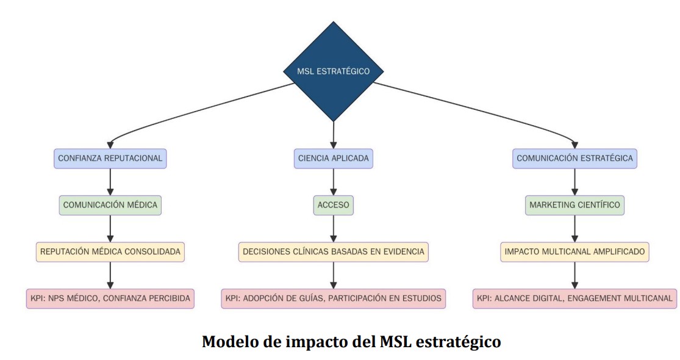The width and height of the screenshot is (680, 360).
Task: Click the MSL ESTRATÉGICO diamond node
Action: [x=333, y=71]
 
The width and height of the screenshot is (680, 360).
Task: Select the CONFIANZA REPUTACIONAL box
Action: [x=110, y=159]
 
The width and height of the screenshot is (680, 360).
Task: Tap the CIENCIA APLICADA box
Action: [x=333, y=159]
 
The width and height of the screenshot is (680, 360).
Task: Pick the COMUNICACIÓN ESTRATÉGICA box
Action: [x=574, y=159]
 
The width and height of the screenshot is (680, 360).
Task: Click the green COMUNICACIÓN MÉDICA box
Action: [x=110, y=205]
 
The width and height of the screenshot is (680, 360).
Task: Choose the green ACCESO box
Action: [x=333, y=205]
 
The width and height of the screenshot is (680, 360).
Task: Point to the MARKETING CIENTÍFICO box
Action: [x=574, y=205]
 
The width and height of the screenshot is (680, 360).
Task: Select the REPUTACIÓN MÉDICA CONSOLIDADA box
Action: [x=110, y=251]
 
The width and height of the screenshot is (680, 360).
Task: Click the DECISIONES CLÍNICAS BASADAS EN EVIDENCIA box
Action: [x=333, y=251]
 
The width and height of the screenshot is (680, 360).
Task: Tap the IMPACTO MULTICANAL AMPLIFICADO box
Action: [x=574, y=251]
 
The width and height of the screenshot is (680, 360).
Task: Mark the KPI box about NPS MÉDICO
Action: [x=110, y=298]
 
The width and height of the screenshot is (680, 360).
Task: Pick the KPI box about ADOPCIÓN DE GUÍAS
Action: [x=333, y=298]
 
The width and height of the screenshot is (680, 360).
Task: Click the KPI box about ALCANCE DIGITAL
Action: [x=574, y=298]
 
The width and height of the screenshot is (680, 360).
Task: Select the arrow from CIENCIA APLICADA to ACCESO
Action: [x=333, y=182]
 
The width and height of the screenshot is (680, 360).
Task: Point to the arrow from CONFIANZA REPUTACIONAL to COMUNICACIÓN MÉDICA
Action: [x=110, y=182]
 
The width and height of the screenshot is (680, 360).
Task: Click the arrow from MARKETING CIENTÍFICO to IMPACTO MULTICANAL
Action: [x=574, y=228]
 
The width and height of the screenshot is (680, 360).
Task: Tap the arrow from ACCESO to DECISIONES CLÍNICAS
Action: [x=333, y=228]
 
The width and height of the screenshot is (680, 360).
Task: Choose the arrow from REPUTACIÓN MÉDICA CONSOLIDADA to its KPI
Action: [x=110, y=275]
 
